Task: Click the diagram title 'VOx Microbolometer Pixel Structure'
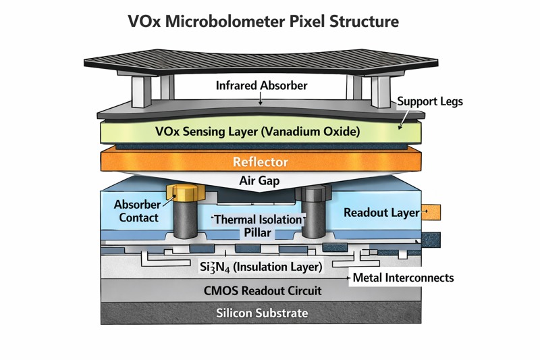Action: coord(263,21)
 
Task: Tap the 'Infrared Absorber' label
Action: coord(261,86)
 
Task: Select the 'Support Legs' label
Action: coord(429,102)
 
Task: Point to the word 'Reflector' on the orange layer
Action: coord(261,162)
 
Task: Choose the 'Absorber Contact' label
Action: coord(136,211)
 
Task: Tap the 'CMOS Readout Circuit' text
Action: coord(263,291)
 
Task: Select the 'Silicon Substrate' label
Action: coord(262,313)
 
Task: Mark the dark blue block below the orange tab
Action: coord(431,239)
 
